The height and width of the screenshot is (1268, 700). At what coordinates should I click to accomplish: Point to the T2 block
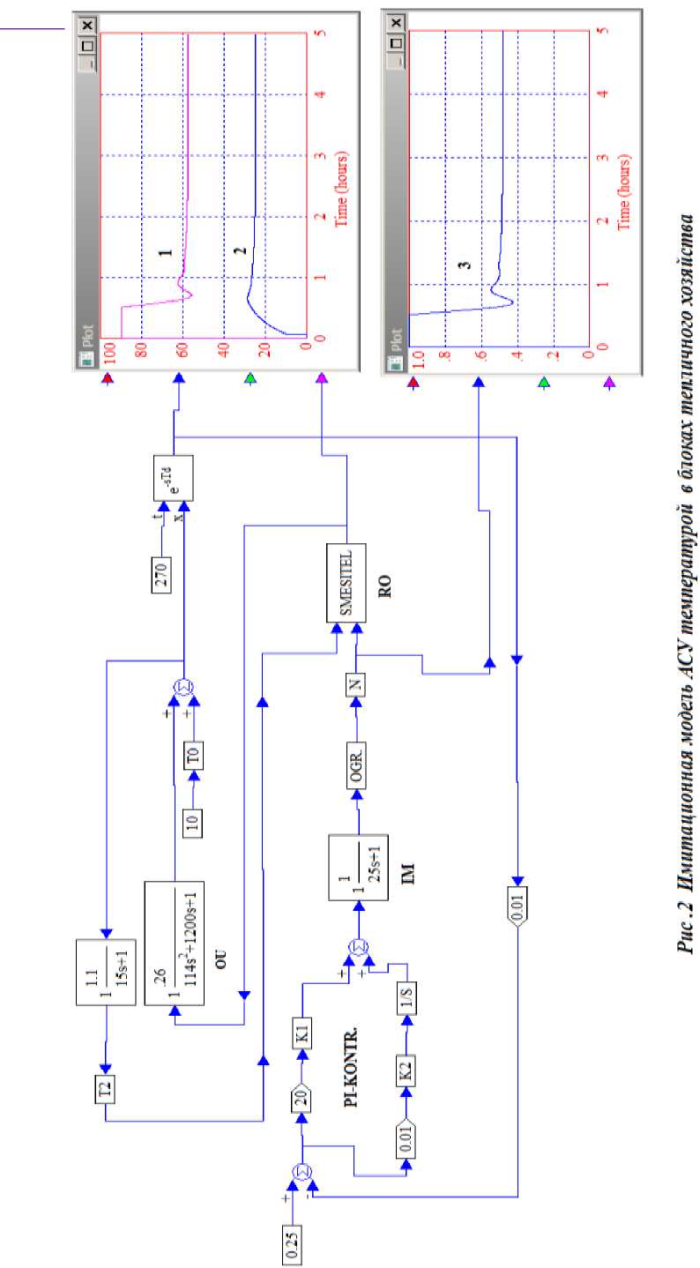[x=106, y=1090]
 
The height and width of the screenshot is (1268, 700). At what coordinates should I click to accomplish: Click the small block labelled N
[x=357, y=683]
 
